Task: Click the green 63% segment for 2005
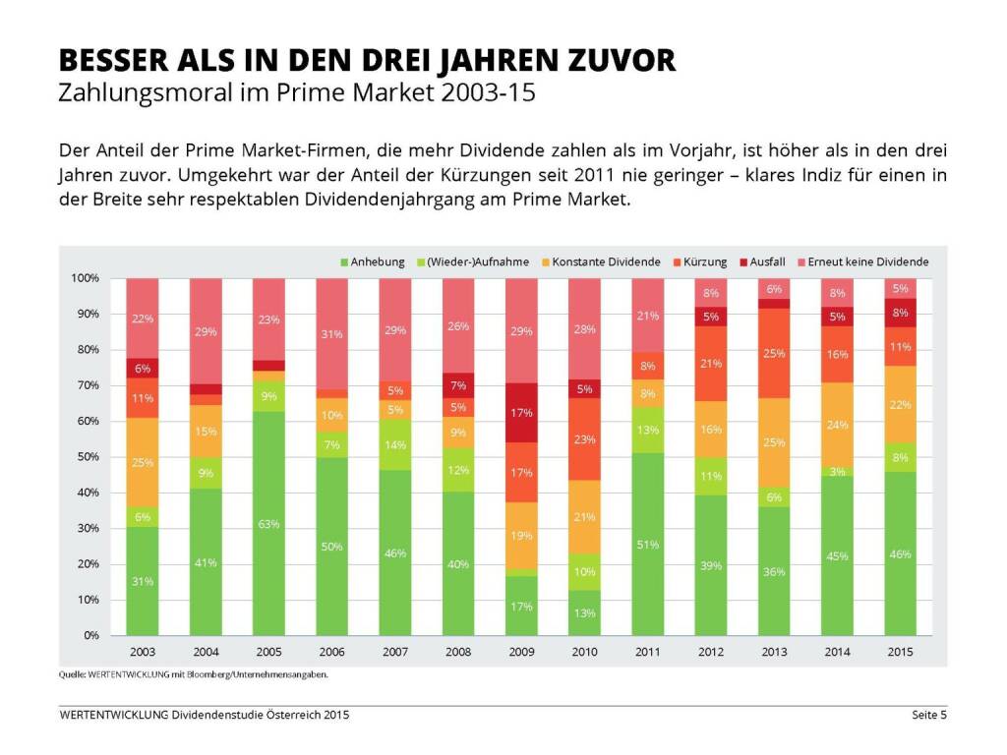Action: tap(268, 523)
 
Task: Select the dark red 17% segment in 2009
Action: tap(521, 412)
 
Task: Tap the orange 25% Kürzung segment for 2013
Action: tap(774, 353)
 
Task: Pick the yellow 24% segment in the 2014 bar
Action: tap(837, 424)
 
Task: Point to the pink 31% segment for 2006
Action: tap(331, 334)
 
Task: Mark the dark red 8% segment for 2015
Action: tap(900, 313)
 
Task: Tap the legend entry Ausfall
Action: tap(767, 262)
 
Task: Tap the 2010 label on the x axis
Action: tap(584, 653)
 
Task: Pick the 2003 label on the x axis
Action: tap(143, 653)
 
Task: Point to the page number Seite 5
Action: tap(928, 715)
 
